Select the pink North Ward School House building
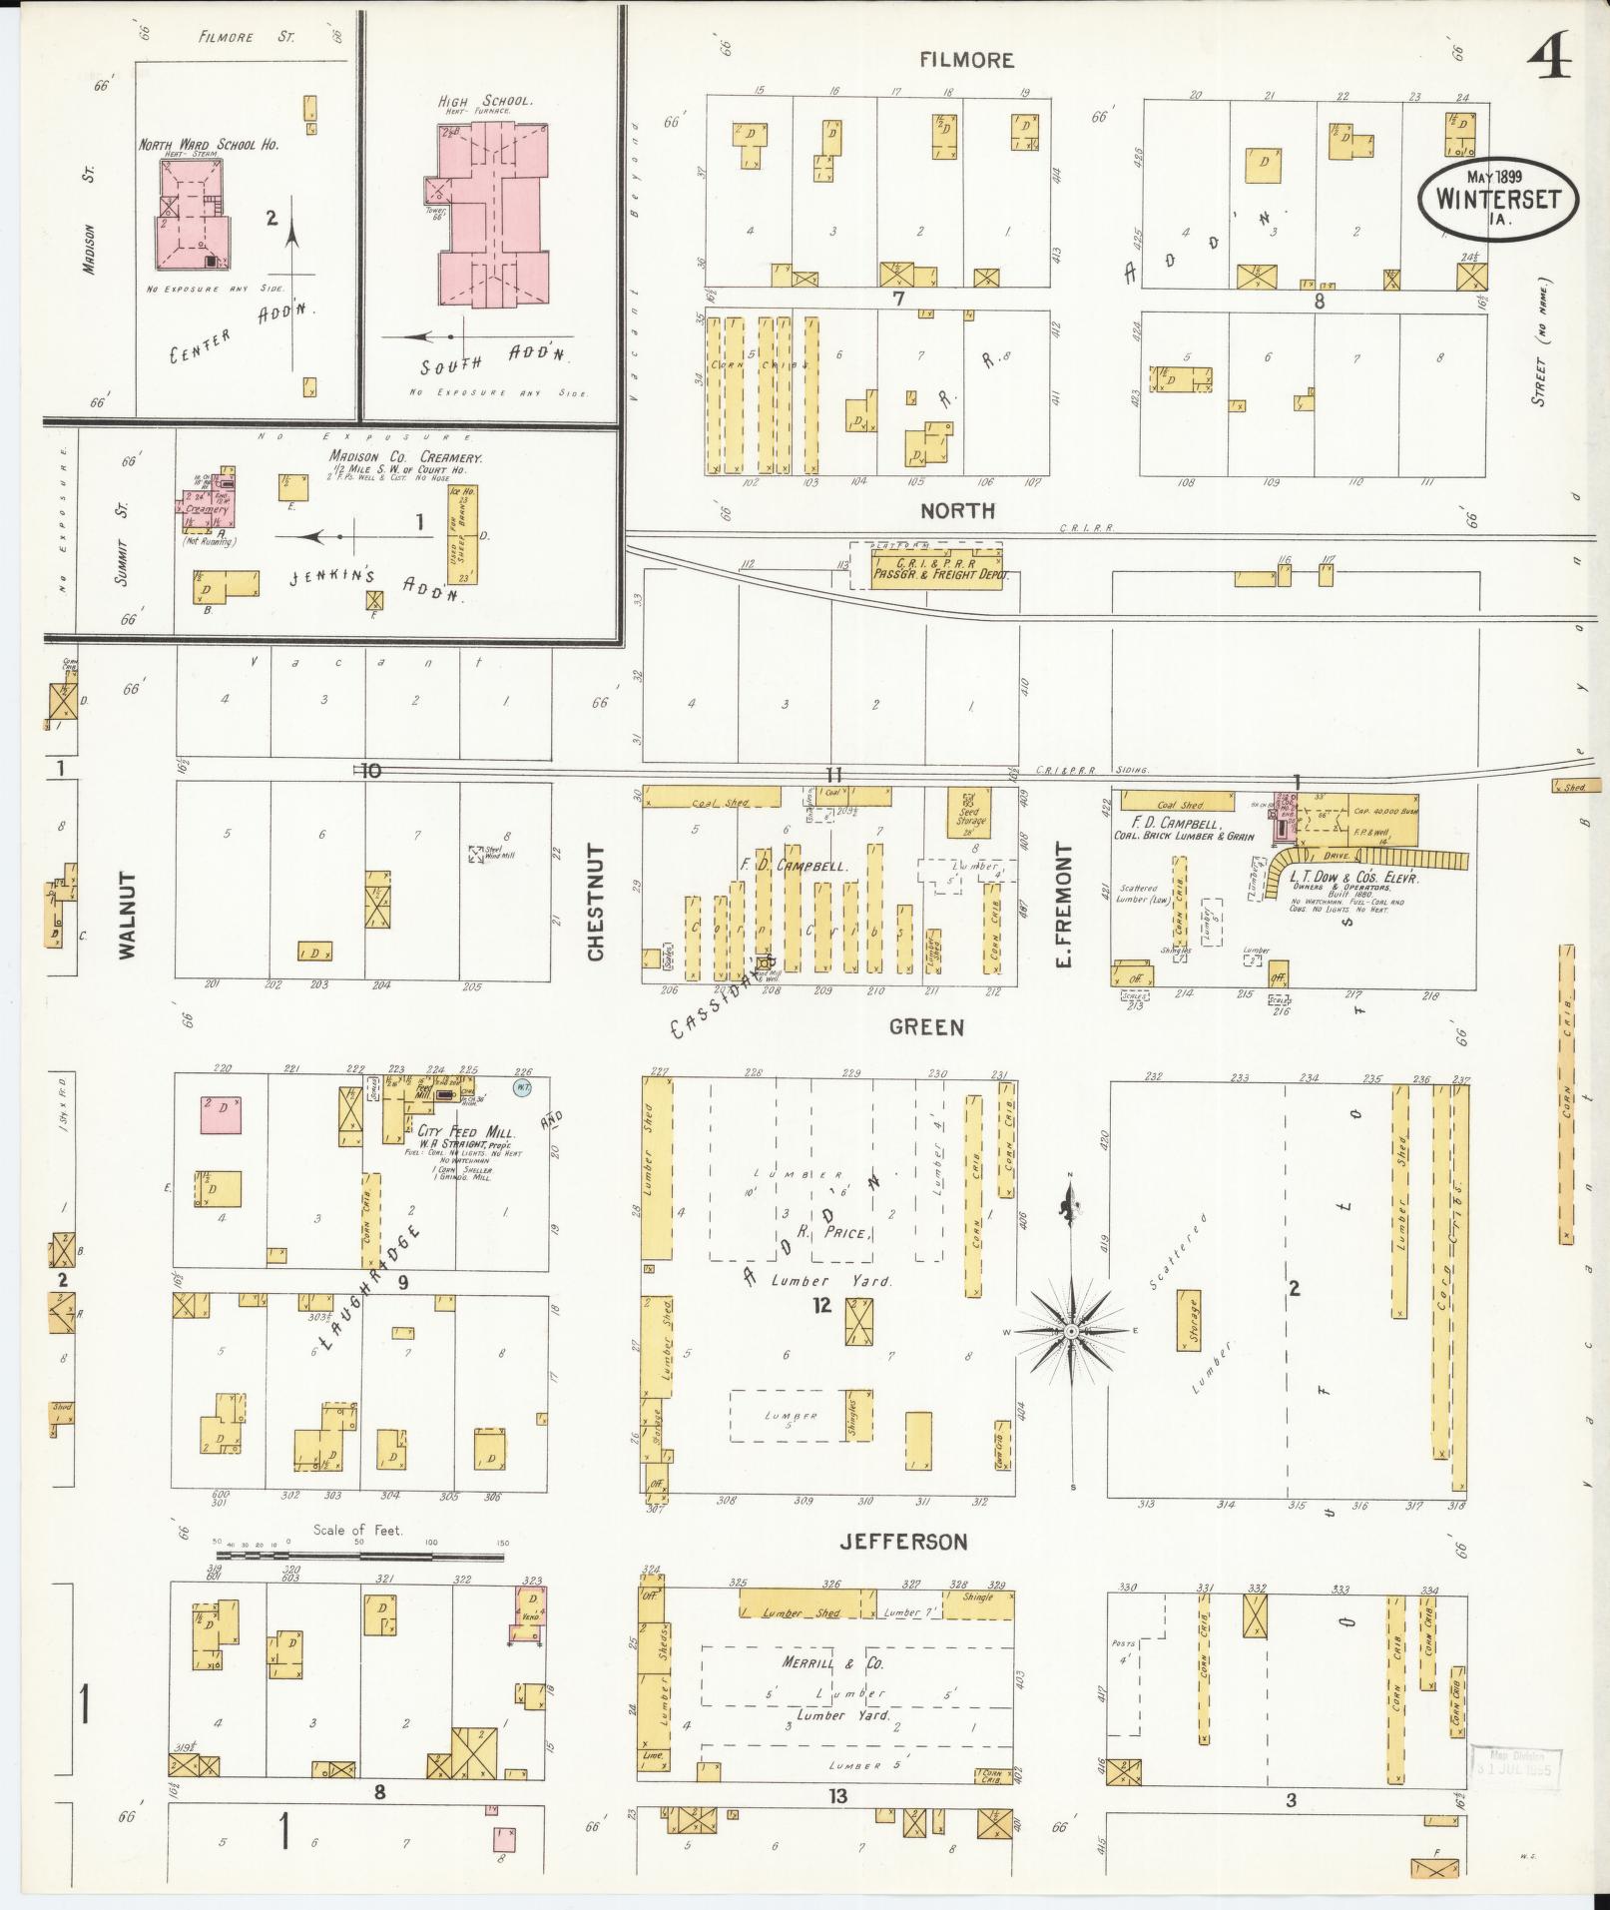coord(193,215)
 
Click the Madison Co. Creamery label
coord(406,457)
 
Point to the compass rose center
coord(1070,1331)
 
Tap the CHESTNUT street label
coord(596,903)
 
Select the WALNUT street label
coord(126,915)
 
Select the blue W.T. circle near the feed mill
coord(522,1086)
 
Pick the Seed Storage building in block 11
coord(970,813)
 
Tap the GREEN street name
coord(927,1026)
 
